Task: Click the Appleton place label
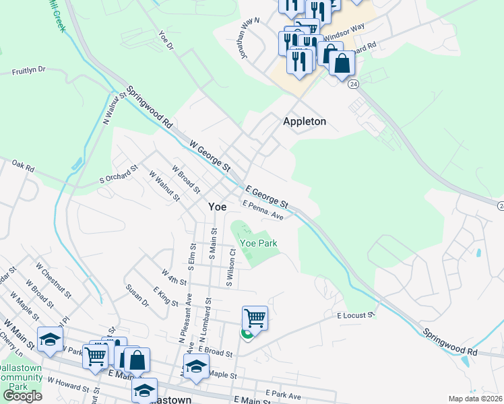pyautogui.click(x=305, y=121)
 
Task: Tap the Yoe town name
pyautogui.click(x=217, y=207)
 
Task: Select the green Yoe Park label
pyautogui.click(x=259, y=243)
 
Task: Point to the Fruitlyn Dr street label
pyautogui.click(x=28, y=69)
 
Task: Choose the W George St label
pyautogui.click(x=210, y=154)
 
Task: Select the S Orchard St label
pyautogui.click(x=119, y=174)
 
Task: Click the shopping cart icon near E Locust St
pyautogui.click(x=255, y=318)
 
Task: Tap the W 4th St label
pyautogui.click(x=173, y=276)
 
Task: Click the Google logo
pyautogui.click(x=22, y=396)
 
